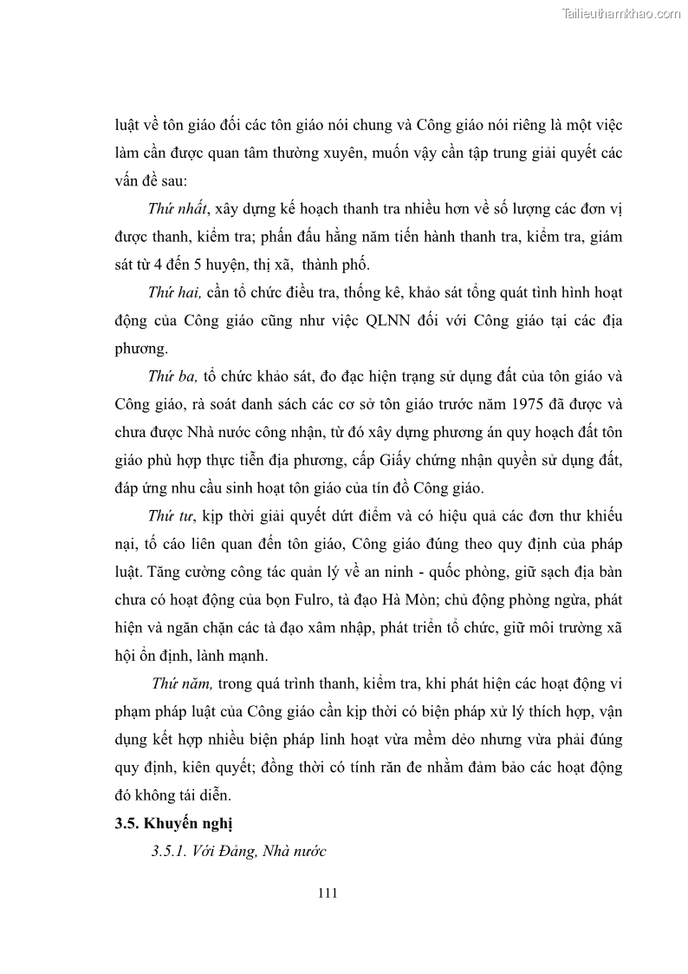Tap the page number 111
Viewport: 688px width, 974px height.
tap(328, 892)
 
